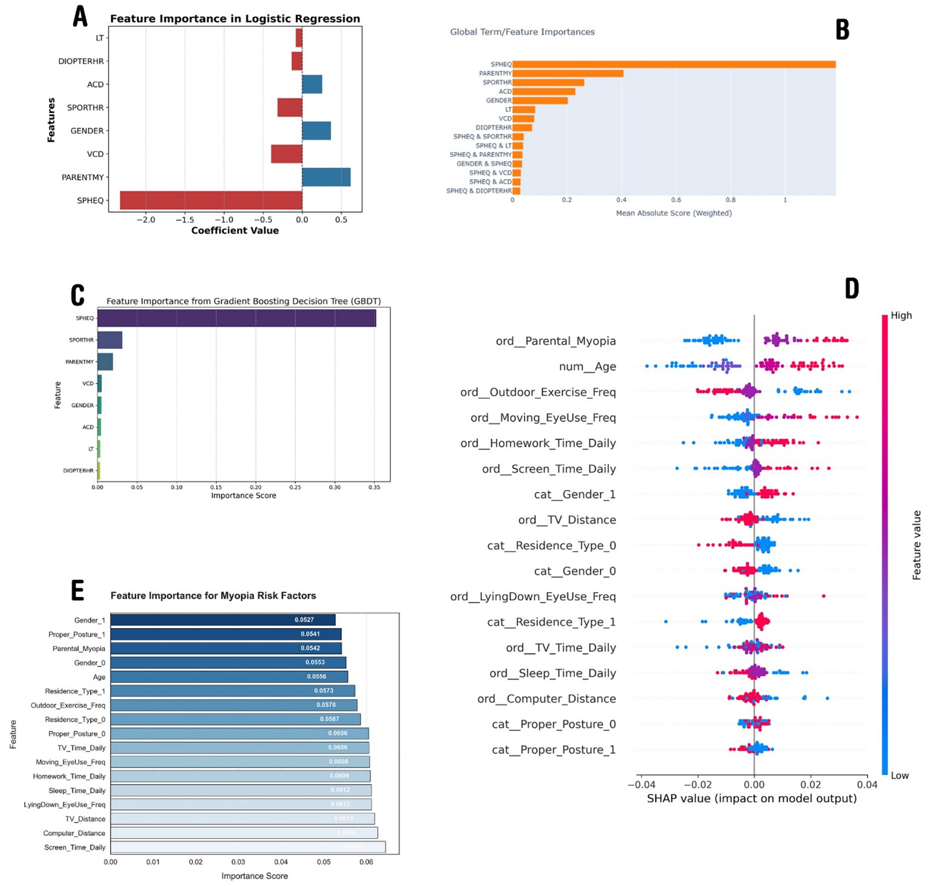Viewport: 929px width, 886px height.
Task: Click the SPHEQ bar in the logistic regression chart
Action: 211,200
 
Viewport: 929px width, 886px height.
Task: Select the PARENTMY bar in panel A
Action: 326,177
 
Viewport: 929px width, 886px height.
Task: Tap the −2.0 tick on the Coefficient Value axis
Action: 146,220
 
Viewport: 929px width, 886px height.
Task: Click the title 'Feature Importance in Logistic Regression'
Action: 235,19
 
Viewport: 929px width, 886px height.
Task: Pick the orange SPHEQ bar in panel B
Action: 674,64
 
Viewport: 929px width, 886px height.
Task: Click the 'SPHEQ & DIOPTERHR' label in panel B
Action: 479,191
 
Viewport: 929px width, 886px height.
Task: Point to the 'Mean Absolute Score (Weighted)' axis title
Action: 674,213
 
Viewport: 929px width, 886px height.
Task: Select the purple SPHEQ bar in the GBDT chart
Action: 237,318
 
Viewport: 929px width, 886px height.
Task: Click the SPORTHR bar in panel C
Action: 110,340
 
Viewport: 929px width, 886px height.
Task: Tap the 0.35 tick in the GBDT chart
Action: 374,487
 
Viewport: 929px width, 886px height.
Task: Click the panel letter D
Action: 852,288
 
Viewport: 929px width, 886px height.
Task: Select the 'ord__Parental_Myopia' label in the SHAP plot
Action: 555,341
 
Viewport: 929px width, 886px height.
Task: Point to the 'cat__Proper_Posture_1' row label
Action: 553,750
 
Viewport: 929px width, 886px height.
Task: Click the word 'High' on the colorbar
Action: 901,315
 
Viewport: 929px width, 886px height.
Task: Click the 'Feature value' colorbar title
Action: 916,545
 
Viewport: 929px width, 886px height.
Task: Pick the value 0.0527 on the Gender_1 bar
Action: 304,620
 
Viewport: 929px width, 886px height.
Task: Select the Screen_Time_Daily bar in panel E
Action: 248,847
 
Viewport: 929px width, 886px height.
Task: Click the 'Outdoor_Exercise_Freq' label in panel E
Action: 68,705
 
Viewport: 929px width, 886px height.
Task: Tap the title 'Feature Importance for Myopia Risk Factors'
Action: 213,596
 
